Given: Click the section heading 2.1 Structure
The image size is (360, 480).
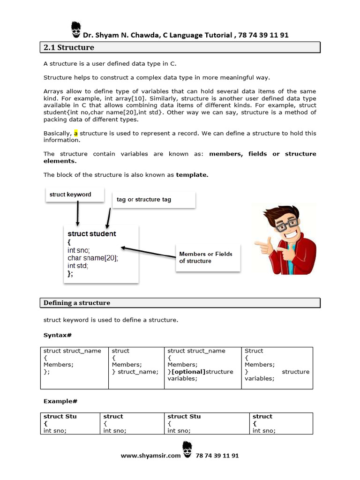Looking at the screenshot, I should [69, 47].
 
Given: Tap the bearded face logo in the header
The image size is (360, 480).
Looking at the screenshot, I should [76, 30].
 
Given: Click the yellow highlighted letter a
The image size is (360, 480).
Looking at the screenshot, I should [76, 133].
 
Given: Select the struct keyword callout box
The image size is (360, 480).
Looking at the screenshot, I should [75, 195].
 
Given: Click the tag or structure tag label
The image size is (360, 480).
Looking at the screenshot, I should [144, 199].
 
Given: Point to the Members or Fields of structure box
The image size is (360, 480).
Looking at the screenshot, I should [207, 257].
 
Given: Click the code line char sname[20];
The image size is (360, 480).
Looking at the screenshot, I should [92, 258].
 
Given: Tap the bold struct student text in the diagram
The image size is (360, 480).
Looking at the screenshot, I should [92, 234].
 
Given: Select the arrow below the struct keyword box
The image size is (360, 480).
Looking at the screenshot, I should [78, 214].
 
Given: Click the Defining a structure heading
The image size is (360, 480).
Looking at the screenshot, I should [77, 303].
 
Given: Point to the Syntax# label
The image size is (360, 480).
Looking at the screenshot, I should [57, 335].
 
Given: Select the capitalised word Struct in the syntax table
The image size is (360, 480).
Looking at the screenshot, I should [254, 351].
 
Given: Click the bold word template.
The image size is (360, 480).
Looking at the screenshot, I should [192, 174].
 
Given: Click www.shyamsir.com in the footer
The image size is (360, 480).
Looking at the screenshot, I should [150, 456].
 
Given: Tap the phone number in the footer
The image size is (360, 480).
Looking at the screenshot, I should [217, 456].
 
